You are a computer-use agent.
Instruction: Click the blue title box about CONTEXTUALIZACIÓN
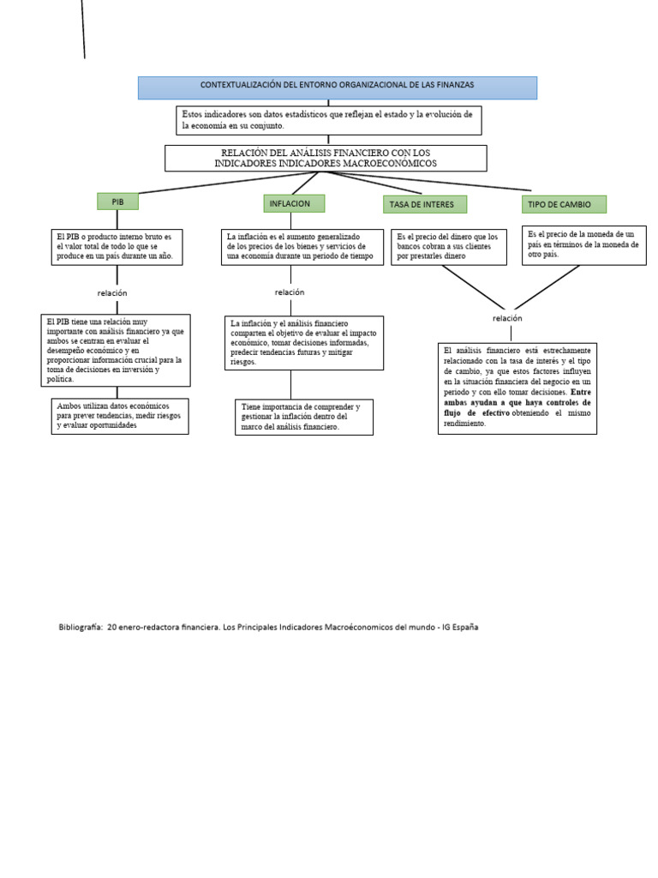[338, 87]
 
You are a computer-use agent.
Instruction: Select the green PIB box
[117, 201]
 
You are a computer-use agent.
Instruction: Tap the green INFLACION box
[294, 203]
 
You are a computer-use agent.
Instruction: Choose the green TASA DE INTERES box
[425, 204]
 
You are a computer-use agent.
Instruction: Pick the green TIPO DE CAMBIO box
[563, 204]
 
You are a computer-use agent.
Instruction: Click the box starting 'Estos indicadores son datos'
[329, 120]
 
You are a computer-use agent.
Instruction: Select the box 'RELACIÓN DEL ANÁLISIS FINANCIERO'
[326, 158]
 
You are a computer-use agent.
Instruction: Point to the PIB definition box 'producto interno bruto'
[117, 247]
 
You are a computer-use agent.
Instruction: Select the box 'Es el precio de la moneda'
[583, 244]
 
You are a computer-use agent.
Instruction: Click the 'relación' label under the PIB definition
[112, 293]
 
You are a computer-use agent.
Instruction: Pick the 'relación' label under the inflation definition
[290, 292]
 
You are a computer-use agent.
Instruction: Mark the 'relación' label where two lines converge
[507, 318]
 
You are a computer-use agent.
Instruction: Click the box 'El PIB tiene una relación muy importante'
[116, 350]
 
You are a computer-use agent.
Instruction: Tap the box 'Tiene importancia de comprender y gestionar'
[303, 417]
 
